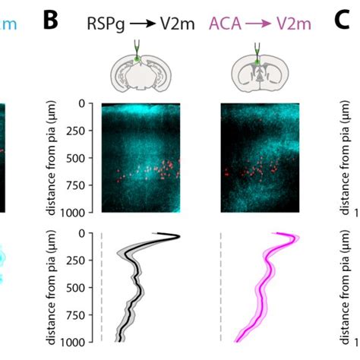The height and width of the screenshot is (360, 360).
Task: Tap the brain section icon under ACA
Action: click(259, 71)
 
